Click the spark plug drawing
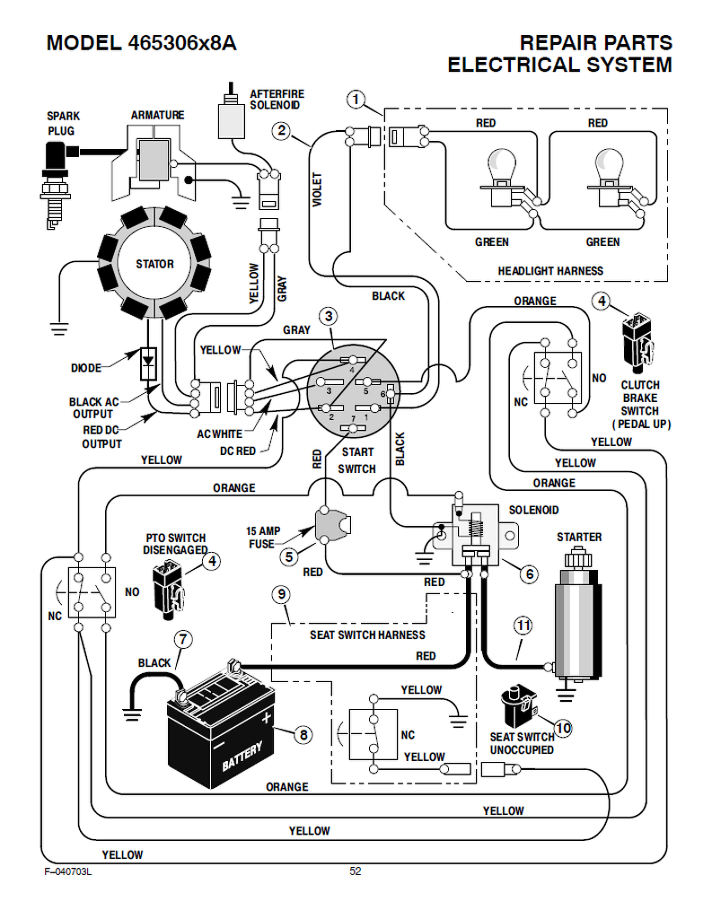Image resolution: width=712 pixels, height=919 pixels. tap(55, 179)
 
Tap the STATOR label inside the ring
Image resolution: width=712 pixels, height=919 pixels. tap(154, 264)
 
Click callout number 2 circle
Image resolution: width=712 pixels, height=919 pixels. tap(282, 131)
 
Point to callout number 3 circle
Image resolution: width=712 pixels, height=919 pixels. tap(330, 316)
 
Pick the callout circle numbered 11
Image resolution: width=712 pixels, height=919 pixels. tap(523, 625)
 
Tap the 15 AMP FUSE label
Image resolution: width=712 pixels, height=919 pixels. tap(264, 538)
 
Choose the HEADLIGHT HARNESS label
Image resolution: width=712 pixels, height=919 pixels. tap(550, 270)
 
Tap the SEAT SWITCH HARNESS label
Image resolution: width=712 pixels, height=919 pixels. tap(367, 635)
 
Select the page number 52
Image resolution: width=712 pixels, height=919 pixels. tap(356, 871)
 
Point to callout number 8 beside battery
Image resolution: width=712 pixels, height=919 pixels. tap(303, 735)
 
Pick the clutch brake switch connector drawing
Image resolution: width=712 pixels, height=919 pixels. tap(637, 340)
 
